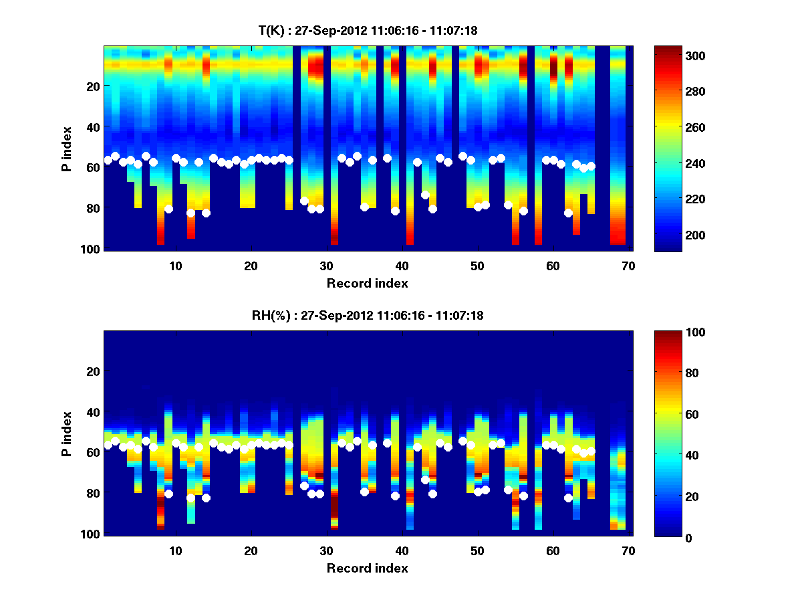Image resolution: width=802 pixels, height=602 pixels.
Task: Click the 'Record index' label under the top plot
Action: pyautogui.click(x=367, y=283)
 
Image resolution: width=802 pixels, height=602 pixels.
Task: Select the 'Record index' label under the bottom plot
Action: pyautogui.click(x=367, y=568)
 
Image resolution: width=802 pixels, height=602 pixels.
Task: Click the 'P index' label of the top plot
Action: pyautogui.click(x=67, y=148)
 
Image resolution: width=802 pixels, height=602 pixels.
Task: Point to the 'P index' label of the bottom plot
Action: pyautogui.click(x=67, y=433)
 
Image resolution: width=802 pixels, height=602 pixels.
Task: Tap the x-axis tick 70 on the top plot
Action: pyautogui.click(x=628, y=266)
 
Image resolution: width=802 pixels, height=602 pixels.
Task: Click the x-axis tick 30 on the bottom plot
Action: pyautogui.click(x=326, y=550)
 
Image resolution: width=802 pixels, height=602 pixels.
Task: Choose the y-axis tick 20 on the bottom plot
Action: pyautogui.click(x=94, y=371)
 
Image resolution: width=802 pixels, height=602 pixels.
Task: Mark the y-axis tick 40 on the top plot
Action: pyautogui.click(x=94, y=127)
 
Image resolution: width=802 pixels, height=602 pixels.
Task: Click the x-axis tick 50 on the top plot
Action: pyautogui.click(x=477, y=266)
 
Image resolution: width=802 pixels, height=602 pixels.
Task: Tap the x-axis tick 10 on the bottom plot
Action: pyautogui.click(x=175, y=550)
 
